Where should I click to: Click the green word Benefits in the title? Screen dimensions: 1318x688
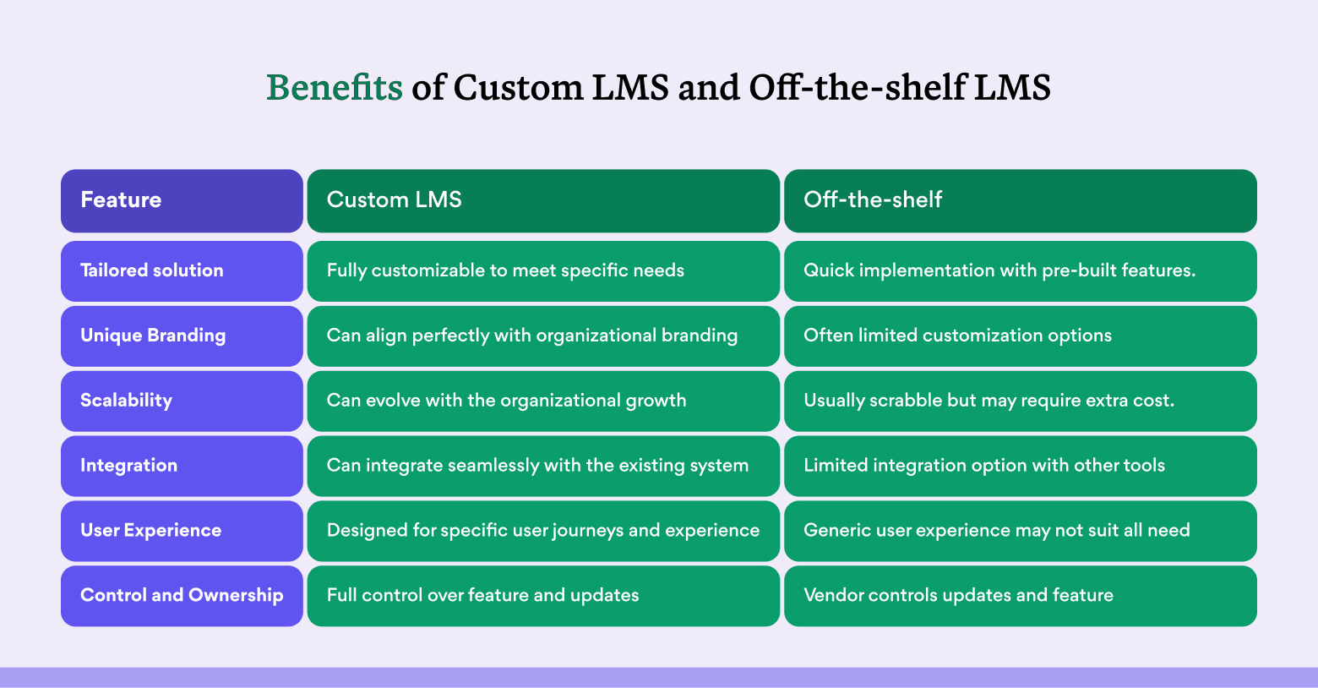click(335, 88)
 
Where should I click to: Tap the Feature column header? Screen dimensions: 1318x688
click(182, 200)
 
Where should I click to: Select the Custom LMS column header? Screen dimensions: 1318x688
click(543, 200)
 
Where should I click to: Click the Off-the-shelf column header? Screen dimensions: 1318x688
click(1021, 200)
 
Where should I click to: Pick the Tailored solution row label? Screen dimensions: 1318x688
click(182, 270)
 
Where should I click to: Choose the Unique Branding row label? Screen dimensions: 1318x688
click(182, 336)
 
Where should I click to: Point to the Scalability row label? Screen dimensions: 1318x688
click(182, 401)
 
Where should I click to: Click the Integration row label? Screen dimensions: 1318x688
click(182, 466)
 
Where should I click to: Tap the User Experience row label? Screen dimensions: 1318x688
click(182, 530)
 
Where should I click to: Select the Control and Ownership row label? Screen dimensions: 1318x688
click(182, 596)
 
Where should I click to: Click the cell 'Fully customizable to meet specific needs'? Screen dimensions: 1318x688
click(543, 270)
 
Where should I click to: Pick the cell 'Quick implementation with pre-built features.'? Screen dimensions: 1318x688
click(1021, 270)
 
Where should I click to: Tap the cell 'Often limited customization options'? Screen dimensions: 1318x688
click(1021, 336)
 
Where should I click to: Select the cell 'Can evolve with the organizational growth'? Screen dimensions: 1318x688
click(543, 401)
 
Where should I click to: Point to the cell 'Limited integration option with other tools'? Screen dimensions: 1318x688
click(1021, 466)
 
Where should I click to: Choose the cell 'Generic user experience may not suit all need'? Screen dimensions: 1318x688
click(1021, 530)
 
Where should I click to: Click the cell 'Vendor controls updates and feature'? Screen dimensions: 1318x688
click(1021, 596)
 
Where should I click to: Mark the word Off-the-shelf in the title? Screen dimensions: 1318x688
click(858, 88)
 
